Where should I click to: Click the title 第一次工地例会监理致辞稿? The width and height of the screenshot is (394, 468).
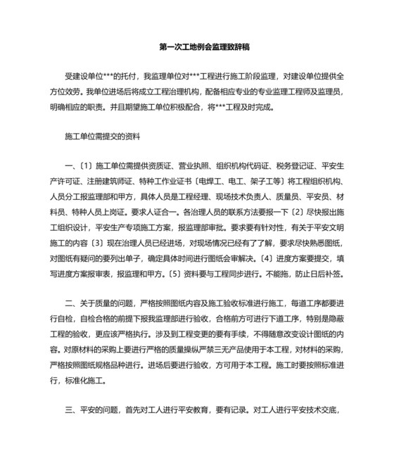coord(196,48)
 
